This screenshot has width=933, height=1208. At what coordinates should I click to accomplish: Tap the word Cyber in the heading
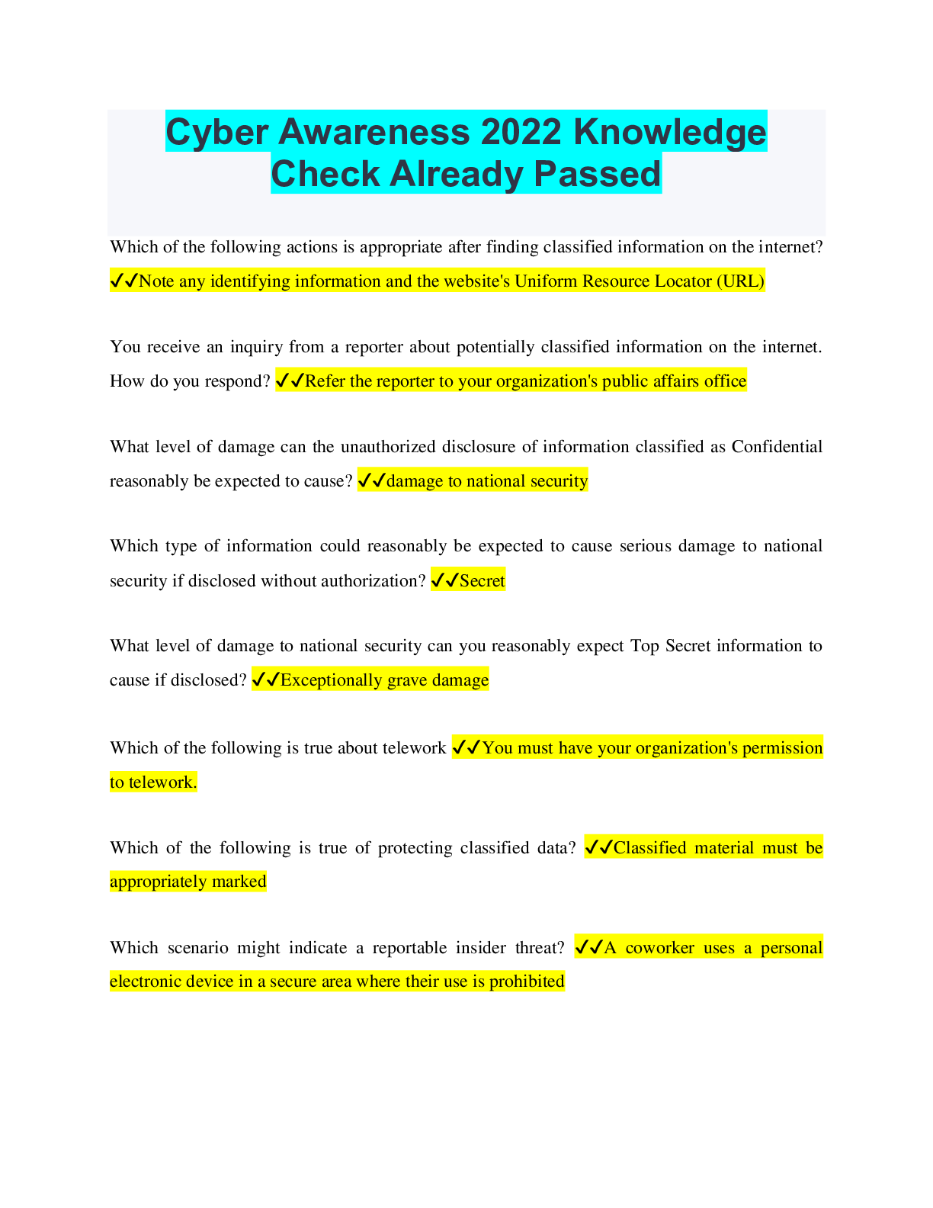[216, 132]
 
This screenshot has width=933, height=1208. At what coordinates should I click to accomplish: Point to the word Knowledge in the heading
[670, 132]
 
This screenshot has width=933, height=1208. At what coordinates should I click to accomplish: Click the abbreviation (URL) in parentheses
[740, 281]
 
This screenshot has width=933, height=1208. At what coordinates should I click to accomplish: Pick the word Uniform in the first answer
[546, 281]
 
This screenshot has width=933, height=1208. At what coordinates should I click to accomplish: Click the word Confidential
[777, 447]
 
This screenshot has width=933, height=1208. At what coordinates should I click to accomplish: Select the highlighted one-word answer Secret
[482, 581]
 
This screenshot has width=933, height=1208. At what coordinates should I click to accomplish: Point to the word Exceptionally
[332, 680]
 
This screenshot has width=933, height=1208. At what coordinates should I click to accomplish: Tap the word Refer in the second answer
[325, 381]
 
